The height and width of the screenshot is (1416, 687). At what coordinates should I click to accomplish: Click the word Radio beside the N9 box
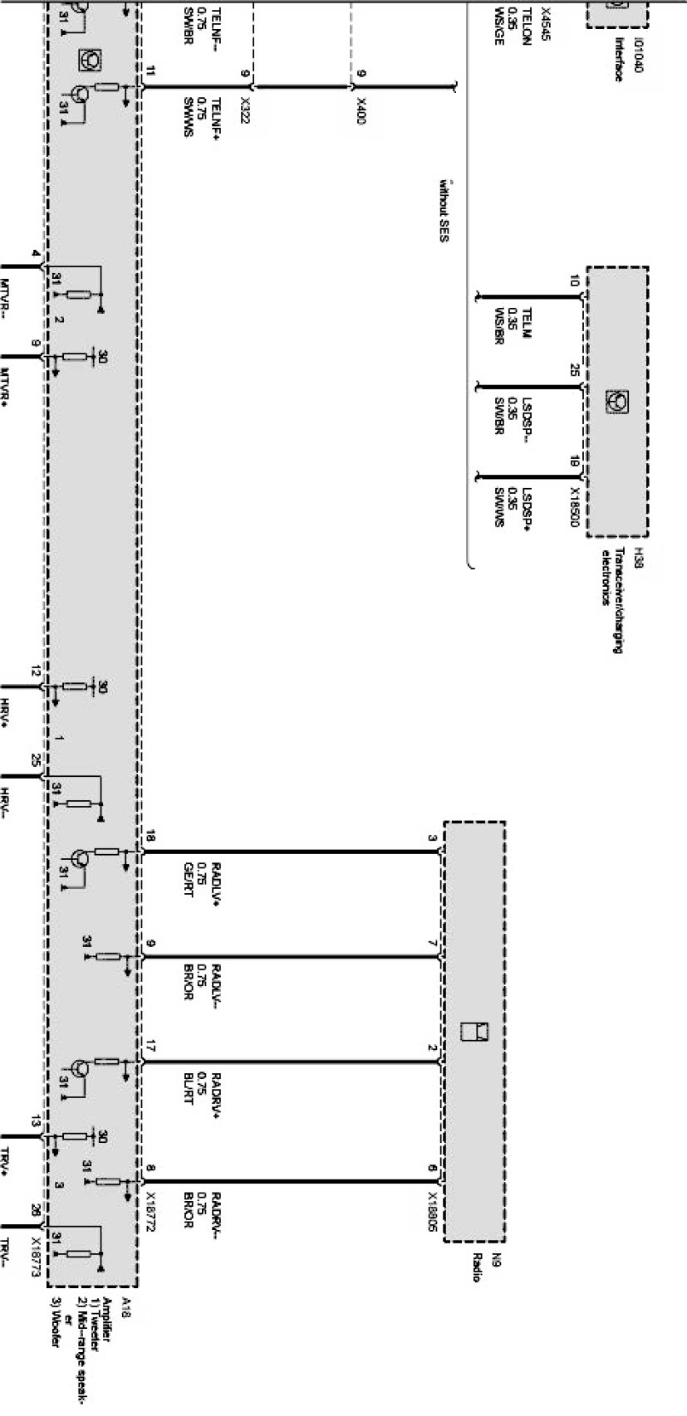477,1267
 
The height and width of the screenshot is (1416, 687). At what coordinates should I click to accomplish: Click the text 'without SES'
444,208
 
